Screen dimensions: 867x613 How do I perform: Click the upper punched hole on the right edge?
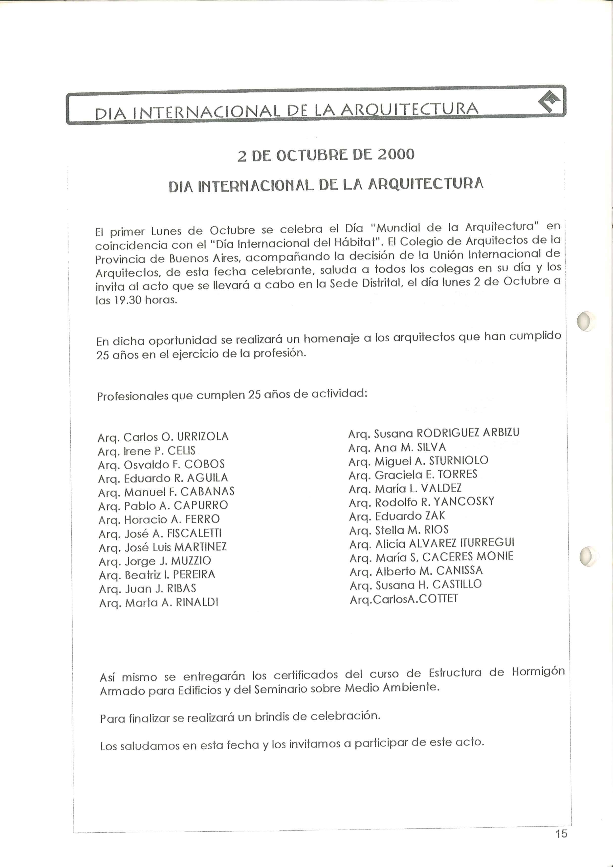[x=585, y=321]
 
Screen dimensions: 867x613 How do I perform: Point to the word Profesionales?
[x=132, y=396]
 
